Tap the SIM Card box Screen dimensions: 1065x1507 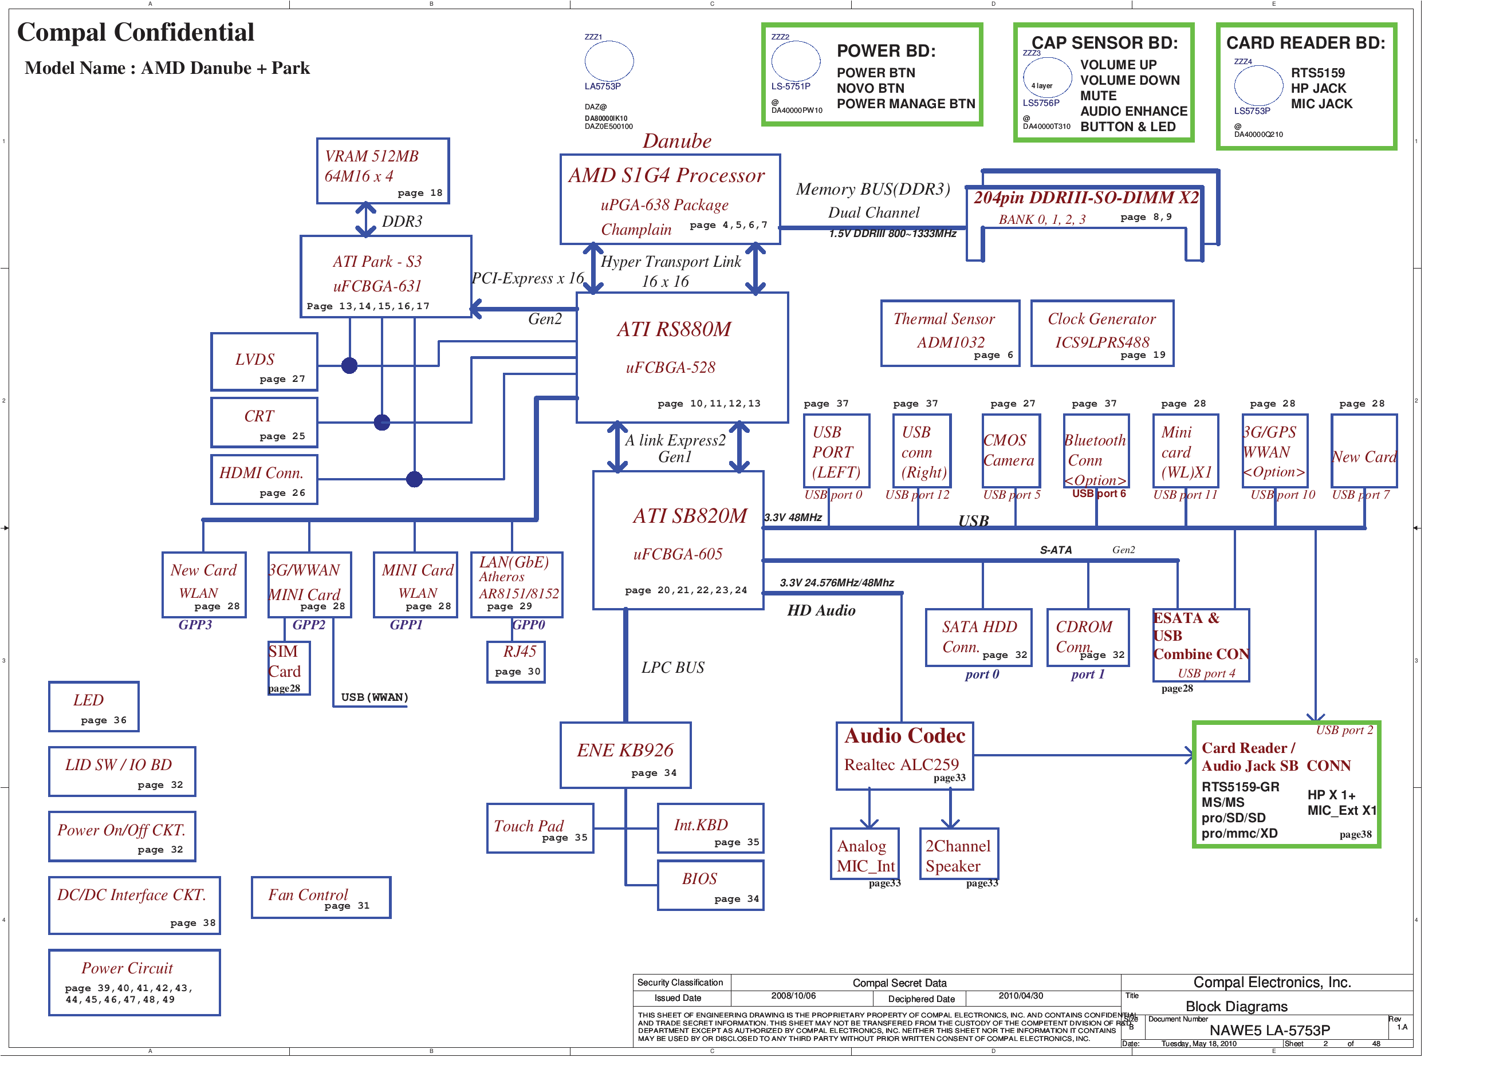point(288,668)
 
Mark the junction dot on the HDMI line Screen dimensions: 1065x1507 point(414,479)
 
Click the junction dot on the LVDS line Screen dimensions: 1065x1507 point(349,365)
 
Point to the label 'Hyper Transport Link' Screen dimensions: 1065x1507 point(671,261)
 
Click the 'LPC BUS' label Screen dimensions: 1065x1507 point(673,668)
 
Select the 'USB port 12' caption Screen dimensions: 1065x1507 point(917,495)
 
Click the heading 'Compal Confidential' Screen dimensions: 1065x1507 point(135,32)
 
